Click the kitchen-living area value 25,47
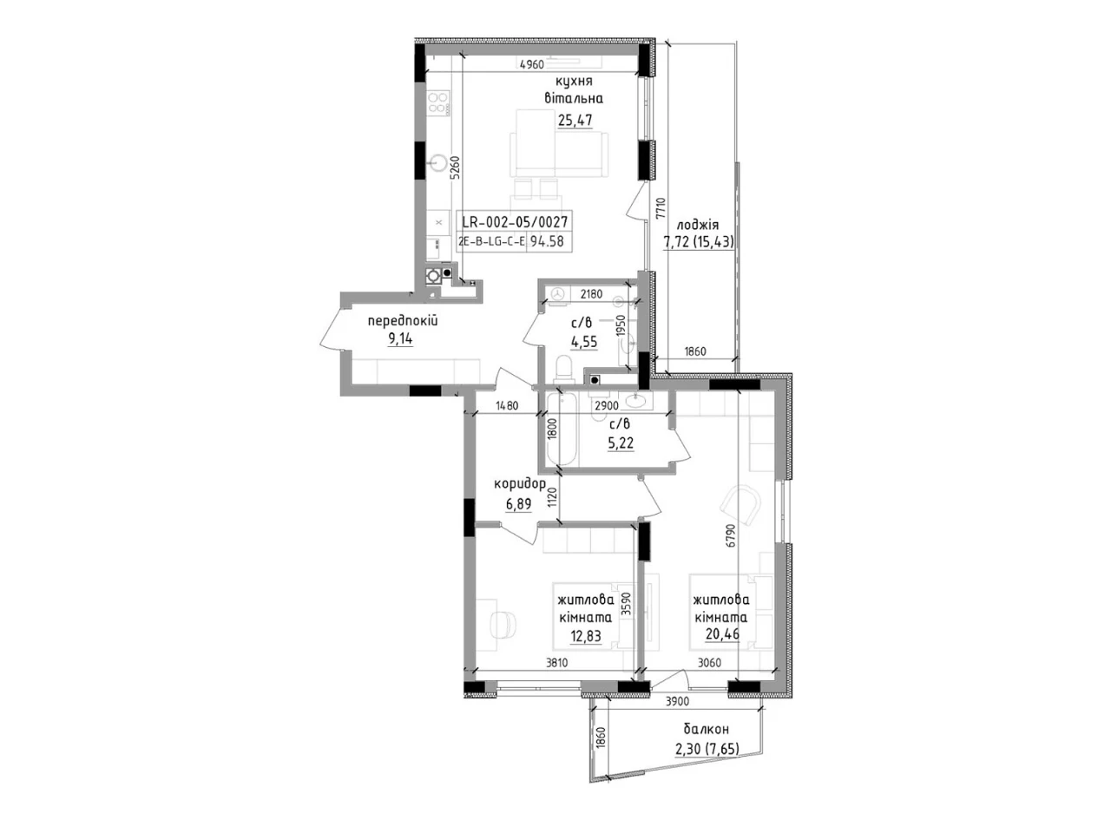coord(575,121)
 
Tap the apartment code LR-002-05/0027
coord(514,221)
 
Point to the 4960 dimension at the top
coord(531,64)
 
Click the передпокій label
coord(403,320)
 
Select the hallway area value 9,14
coord(400,338)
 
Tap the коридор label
coord(520,484)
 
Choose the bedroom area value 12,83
coord(586,635)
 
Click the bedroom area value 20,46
coord(723,633)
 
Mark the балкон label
coord(706,729)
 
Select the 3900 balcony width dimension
coord(677,702)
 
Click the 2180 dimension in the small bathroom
coord(591,294)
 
